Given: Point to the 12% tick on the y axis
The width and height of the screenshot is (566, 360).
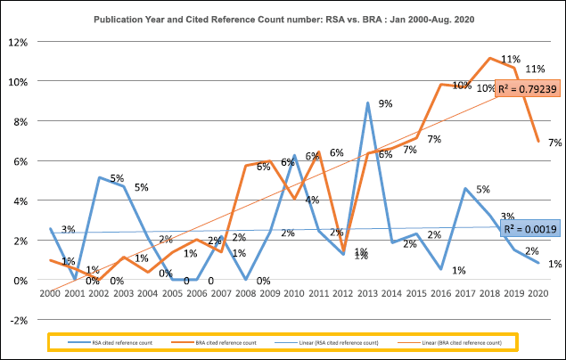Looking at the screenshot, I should (x=18, y=42).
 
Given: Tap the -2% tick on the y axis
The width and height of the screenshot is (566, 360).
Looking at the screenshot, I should (x=18, y=319).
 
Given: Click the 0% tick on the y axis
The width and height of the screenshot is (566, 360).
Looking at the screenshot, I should (x=20, y=280).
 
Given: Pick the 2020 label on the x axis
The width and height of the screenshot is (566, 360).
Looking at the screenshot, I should (x=537, y=292).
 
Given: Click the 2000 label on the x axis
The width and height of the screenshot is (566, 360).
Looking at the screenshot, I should (x=51, y=292).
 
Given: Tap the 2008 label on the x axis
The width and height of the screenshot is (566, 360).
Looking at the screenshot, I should (x=245, y=292).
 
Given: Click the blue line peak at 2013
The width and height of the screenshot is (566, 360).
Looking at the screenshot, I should (x=367, y=102).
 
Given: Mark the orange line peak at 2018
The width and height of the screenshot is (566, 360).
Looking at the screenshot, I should (x=489, y=59).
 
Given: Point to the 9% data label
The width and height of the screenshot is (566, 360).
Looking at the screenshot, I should (x=386, y=105).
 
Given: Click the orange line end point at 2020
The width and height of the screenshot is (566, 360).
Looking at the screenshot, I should (x=537, y=141).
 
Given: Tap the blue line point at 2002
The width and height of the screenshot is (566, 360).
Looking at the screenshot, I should (x=100, y=177).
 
